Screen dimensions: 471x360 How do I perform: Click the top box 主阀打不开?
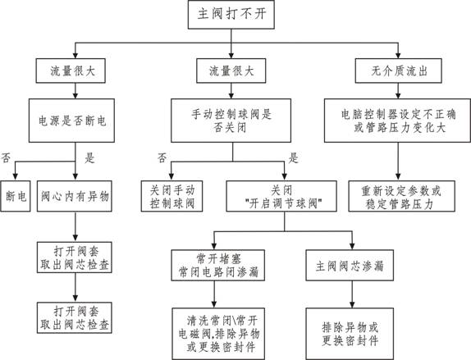pos(231,15)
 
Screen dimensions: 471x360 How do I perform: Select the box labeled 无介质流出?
pos(398,71)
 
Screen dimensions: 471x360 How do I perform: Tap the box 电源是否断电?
pos(71,121)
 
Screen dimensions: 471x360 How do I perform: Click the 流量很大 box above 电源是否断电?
pos(71,71)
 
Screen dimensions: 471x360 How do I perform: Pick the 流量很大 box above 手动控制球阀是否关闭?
pos(231,71)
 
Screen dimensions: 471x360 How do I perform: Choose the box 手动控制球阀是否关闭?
pos(231,121)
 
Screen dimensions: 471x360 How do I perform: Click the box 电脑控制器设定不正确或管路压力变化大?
pos(397,121)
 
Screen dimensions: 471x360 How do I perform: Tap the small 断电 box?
pos(16,196)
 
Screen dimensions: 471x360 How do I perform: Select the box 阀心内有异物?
pos(75,196)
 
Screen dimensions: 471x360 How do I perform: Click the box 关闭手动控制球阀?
pos(171,196)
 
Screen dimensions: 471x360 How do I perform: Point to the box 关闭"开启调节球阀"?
pos(281,196)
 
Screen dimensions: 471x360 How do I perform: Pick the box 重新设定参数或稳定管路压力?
pos(401,196)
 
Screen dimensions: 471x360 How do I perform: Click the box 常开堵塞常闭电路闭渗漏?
pos(218,266)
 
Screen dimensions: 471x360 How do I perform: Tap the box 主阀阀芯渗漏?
pos(350,266)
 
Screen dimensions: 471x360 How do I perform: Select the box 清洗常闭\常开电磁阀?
pos(218,334)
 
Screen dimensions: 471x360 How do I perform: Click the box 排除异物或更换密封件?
pos(350,334)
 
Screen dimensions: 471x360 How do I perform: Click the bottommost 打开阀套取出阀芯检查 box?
pos(75,317)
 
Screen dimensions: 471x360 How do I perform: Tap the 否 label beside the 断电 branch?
pos(6,157)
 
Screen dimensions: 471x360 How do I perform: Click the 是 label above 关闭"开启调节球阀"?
pos(293,157)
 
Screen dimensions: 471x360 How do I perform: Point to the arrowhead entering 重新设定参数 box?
pos(398,177)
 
